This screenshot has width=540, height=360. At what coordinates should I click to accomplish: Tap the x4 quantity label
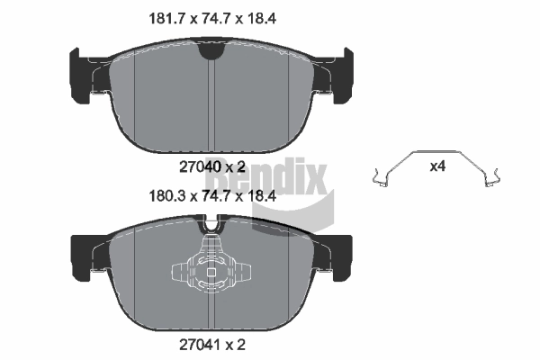437,166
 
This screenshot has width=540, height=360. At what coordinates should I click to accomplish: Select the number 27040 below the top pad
196,166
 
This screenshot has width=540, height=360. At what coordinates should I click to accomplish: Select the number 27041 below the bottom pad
196,342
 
